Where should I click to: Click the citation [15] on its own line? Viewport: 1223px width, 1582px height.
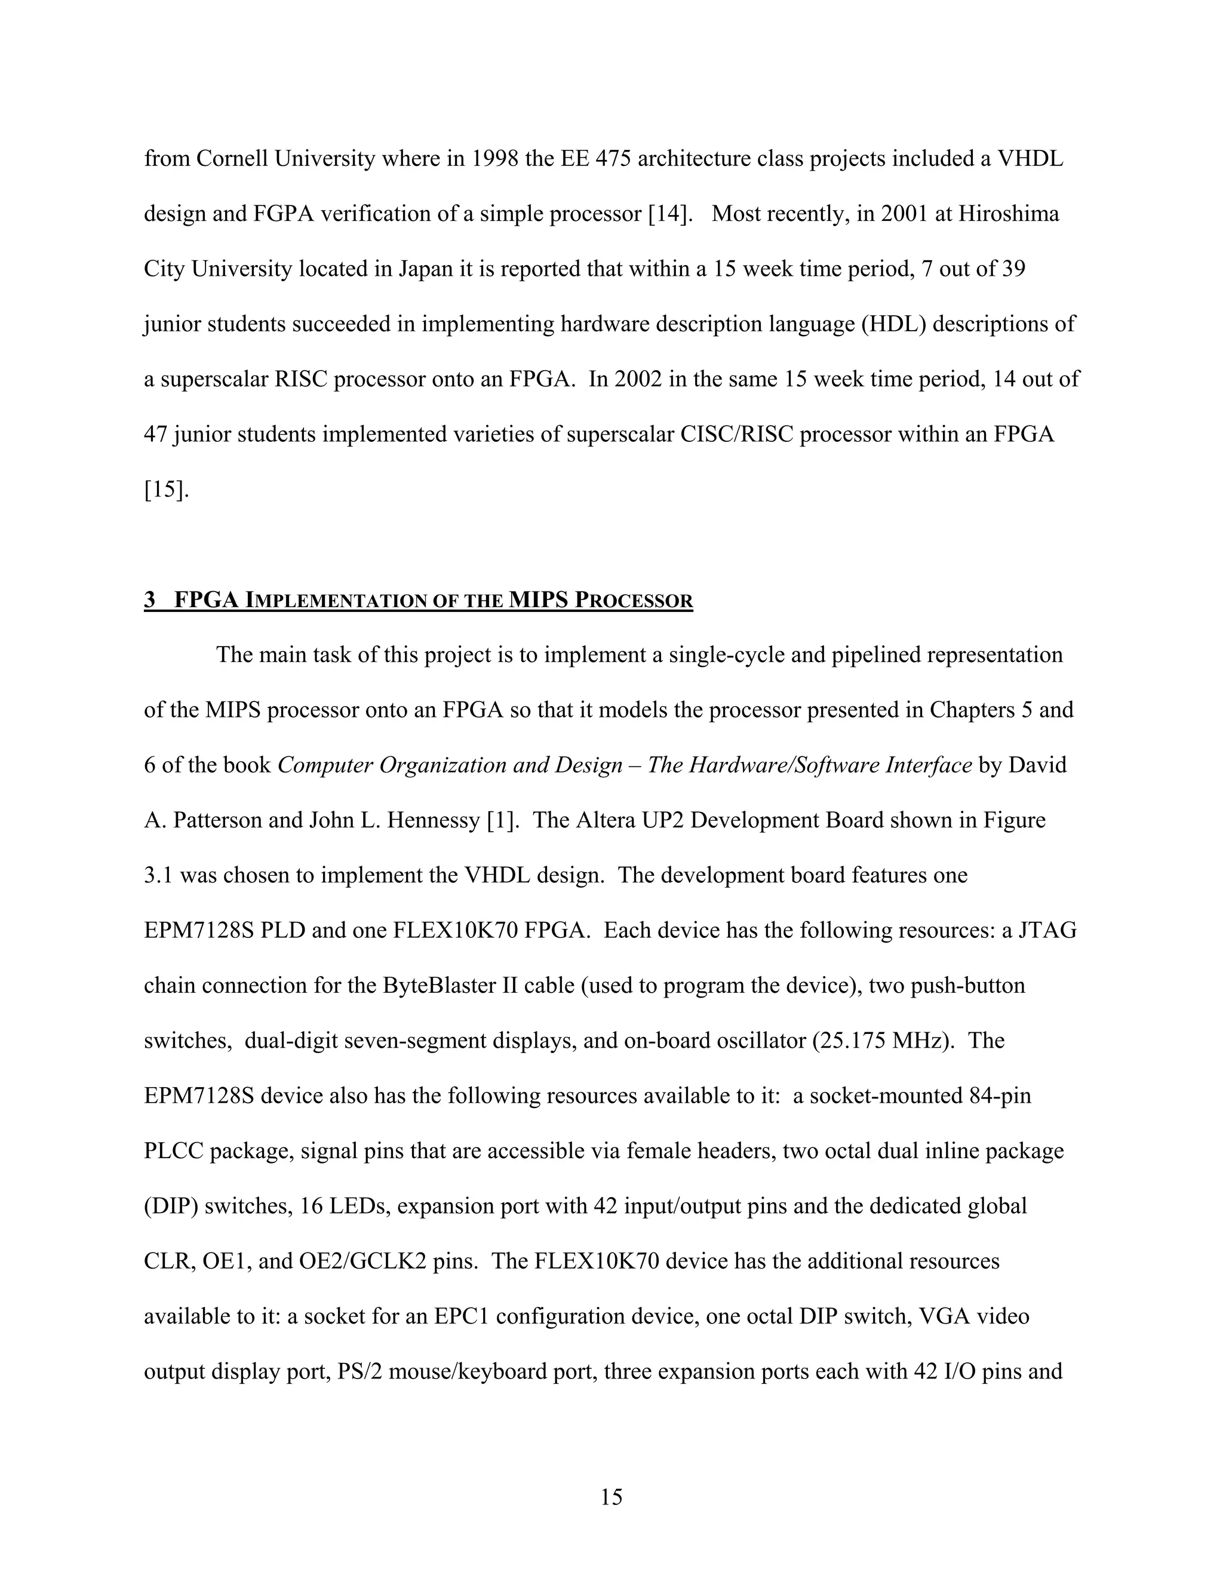pos(166,490)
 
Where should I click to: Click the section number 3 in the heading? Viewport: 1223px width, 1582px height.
pos(150,600)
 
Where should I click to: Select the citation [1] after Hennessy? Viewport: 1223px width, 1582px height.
pos(503,820)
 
